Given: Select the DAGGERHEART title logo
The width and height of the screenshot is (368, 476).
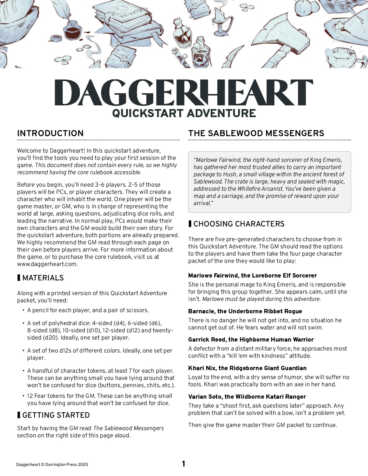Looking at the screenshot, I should coord(184,92).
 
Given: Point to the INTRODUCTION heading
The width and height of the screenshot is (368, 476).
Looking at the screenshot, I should coord(51,133).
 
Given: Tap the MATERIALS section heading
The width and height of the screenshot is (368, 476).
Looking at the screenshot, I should coord(43,278).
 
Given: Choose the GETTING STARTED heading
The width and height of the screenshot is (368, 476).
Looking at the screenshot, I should coord(56,415).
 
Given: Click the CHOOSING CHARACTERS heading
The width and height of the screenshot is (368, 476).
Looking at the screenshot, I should coord(239,224).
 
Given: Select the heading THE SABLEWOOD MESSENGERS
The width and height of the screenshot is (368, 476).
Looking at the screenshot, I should coord(256,133).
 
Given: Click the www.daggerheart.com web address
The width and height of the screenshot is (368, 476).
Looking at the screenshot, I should coord(47,264).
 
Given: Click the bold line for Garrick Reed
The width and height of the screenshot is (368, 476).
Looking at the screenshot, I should coord(251,340).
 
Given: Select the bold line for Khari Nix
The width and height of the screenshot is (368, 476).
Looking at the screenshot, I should coord(247,368).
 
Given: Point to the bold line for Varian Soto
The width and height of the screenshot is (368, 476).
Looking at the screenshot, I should coord(247,397).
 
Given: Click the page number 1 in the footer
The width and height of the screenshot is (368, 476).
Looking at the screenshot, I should coord(184,464).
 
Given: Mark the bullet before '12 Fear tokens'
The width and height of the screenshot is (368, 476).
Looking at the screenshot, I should coord(23,396).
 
